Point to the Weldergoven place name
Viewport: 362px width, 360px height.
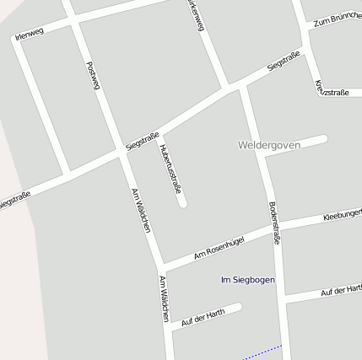pos(269,145)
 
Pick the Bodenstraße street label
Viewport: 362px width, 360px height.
pos(273,223)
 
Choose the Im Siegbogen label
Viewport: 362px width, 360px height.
pos(247,279)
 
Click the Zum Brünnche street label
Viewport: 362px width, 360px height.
pos(337,19)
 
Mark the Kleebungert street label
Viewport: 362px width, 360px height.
pos(342,216)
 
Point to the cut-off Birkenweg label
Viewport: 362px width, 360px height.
pos(195,15)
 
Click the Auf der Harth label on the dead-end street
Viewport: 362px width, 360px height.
pos(203,314)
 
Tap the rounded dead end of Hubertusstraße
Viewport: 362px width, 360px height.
pos(181,202)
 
